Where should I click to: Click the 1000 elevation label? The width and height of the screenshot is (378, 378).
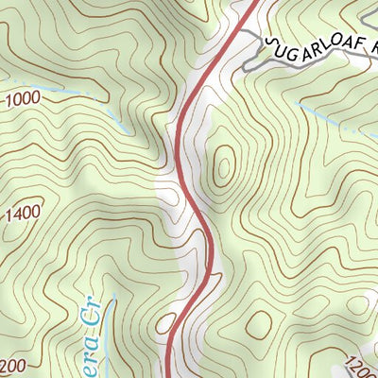(x=24, y=97)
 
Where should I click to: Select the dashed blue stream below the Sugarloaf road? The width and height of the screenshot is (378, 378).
(x=331, y=118)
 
